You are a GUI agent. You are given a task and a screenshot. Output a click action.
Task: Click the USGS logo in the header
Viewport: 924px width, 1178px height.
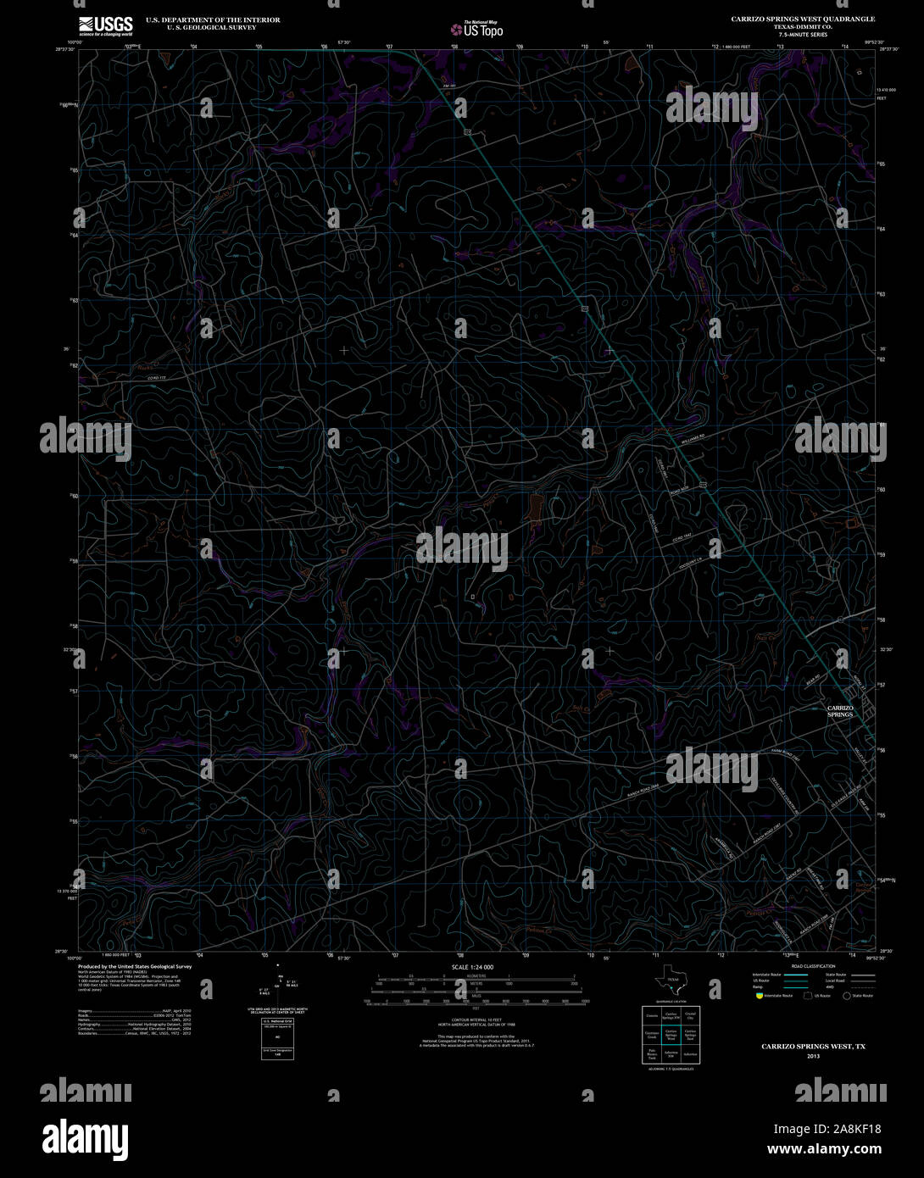tap(105, 26)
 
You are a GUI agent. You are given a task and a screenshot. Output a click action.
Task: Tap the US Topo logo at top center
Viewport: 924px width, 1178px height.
tap(476, 29)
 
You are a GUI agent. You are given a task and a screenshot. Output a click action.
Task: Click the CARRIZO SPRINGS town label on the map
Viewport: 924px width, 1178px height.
tap(839, 711)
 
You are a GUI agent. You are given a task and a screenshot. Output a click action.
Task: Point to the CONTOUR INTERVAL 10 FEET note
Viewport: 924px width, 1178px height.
tap(473, 1020)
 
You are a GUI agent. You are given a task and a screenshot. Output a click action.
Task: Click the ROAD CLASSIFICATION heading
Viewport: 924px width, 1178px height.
tap(812, 966)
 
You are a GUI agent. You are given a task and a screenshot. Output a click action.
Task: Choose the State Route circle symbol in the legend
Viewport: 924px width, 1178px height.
tap(846, 996)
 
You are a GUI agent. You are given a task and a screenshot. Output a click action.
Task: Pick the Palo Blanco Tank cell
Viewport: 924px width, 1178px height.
tap(651, 1056)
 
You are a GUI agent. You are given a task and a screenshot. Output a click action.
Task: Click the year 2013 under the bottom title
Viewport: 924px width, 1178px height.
tap(813, 1056)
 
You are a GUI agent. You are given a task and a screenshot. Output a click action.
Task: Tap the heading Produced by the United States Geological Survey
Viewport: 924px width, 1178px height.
tap(135, 966)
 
